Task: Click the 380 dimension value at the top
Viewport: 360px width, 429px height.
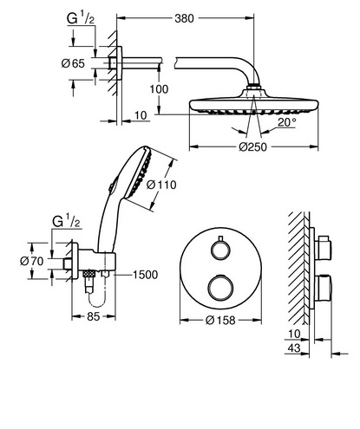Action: pyautogui.click(x=184, y=18)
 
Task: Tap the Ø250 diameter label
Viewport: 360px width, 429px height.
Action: pyautogui.click(x=252, y=147)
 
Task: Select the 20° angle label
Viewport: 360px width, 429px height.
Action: pyautogui.click(x=287, y=122)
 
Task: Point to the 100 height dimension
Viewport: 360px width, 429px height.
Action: pyautogui.click(x=159, y=89)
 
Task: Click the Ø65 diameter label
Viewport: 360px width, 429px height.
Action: pyautogui.click(x=73, y=63)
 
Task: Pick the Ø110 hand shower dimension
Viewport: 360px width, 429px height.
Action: pyautogui.click(x=161, y=185)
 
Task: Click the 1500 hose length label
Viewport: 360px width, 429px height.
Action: pyautogui.click(x=145, y=275)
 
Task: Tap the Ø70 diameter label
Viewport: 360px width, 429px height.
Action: pyautogui.click(x=32, y=261)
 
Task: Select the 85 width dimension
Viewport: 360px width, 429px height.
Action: pyautogui.click(x=94, y=316)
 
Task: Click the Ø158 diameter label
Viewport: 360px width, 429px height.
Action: pyautogui.click(x=220, y=320)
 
